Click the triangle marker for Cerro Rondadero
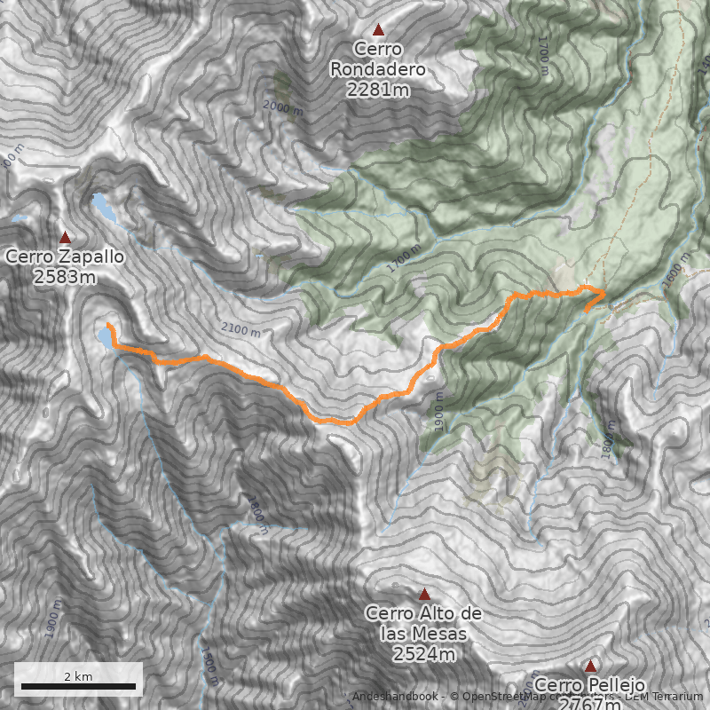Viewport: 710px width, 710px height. (379, 29)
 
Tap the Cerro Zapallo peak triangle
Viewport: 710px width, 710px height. (65, 237)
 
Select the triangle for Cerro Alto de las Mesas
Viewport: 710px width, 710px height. (424, 594)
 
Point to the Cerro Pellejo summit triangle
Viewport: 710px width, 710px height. (590, 666)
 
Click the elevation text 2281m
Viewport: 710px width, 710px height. (377, 89)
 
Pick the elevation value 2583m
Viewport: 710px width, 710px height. (64, 277)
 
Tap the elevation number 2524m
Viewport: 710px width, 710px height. (423, 655)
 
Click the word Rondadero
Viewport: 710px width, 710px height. (377, 68)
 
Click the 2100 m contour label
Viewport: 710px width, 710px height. (241, 331)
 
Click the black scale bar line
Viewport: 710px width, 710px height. (78, 686)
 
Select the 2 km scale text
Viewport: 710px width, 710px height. (78, 675)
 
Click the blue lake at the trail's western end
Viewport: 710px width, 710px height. (106, 339)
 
